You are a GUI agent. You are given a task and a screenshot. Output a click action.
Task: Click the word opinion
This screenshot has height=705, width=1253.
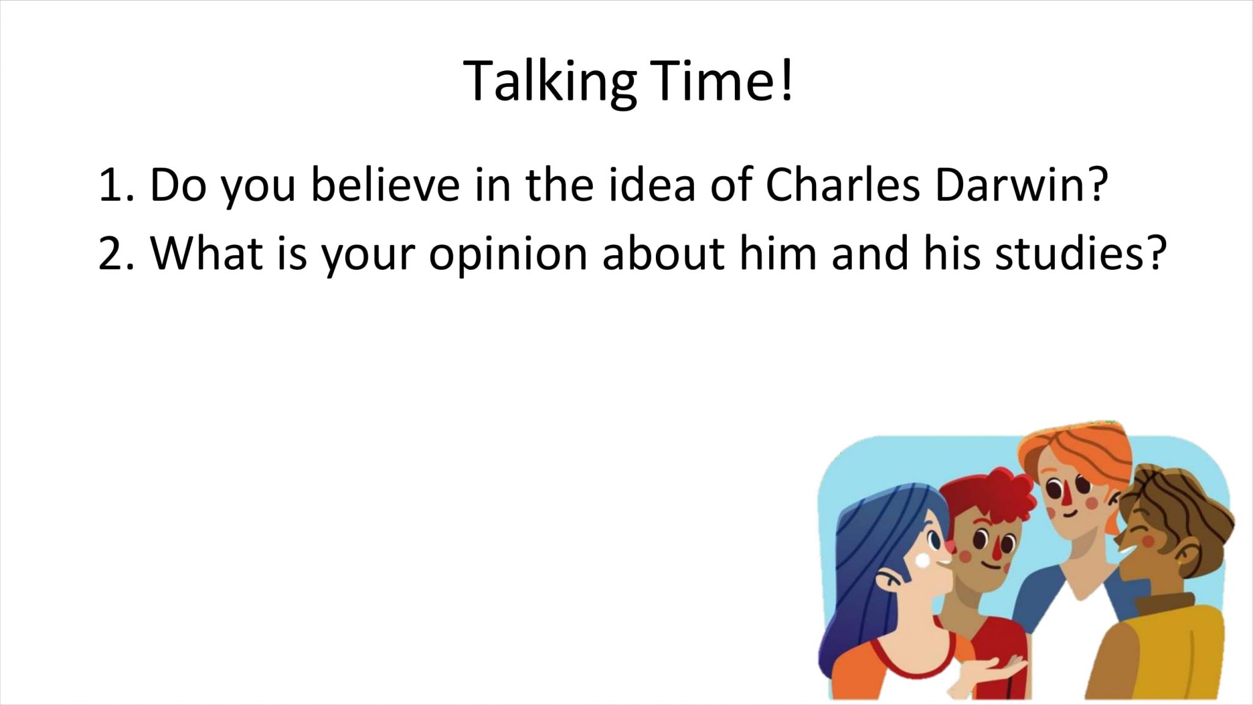[x=508, y=255]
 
